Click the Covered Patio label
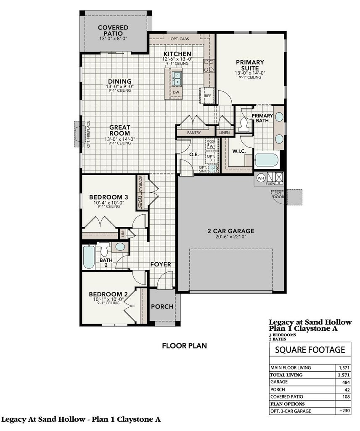coord(113,30)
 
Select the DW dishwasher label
coord(176,92)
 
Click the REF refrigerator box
coord(207,96)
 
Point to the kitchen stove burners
coord(209,65)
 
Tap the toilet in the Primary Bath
coord(243,124)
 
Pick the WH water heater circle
coord(260,177)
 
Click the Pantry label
coord(194,133)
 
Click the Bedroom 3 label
coord(109,197)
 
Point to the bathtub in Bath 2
coord(89,257)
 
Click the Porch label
coord(162,306)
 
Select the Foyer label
coord(161,264)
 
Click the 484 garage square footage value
coord(344,382)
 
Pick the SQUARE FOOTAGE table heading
coord(310,349)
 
